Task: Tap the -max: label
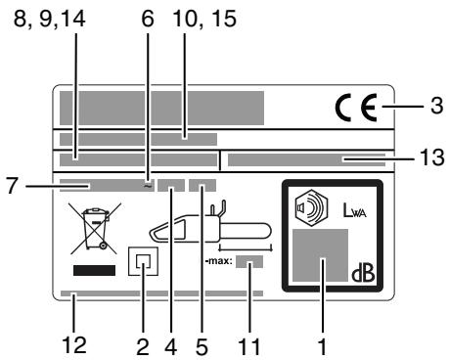[x=217, y=262]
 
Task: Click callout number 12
[x=77, y=344]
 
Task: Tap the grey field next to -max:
[x=250, y=262]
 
